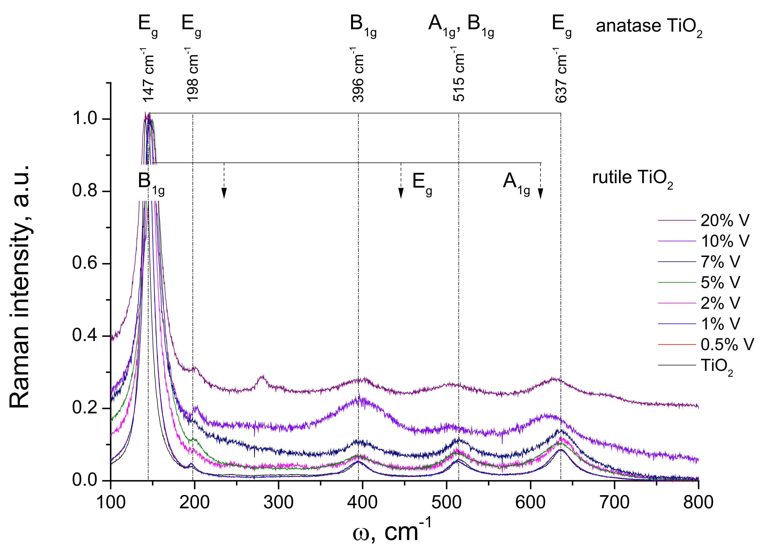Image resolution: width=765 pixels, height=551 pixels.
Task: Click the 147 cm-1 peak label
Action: pyautogui.click(x=148, y=75)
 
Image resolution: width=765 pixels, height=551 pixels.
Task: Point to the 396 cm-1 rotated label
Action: pyautogui.click(x=358, y=75)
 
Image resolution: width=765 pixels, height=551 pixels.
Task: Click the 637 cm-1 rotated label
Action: pyautogui.click(x=561, y=75)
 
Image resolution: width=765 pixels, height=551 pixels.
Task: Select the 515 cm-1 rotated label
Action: pyautogui.click(x=459, y=75)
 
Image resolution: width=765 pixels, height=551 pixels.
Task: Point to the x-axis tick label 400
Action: pyautogui.click(x=362, y=502)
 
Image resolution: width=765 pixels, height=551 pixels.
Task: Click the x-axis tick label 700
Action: pyautogui.click(x=614, y=502)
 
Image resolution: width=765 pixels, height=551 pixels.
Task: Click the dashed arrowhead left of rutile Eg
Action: pyautogui.click(x=401, y=193)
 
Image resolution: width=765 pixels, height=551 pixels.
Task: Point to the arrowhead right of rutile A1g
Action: pyautogui.click(x=540, y=193)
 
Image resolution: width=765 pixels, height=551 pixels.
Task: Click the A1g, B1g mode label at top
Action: pyautogui.click(x=461, y=25)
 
